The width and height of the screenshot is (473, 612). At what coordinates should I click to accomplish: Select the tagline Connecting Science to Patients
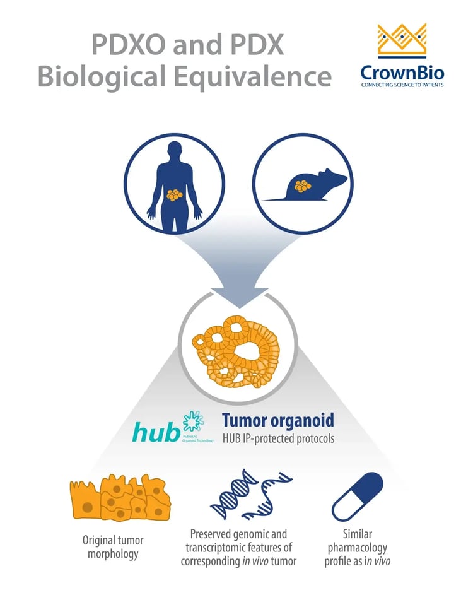pos(402,84)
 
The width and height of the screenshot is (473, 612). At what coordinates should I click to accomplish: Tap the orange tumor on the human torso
pos(174,195)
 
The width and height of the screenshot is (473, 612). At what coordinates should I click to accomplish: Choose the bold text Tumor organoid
pos(277,421)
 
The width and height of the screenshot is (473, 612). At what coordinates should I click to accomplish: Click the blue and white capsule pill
pos(358,497)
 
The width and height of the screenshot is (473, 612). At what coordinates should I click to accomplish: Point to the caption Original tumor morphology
pos(114,547)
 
